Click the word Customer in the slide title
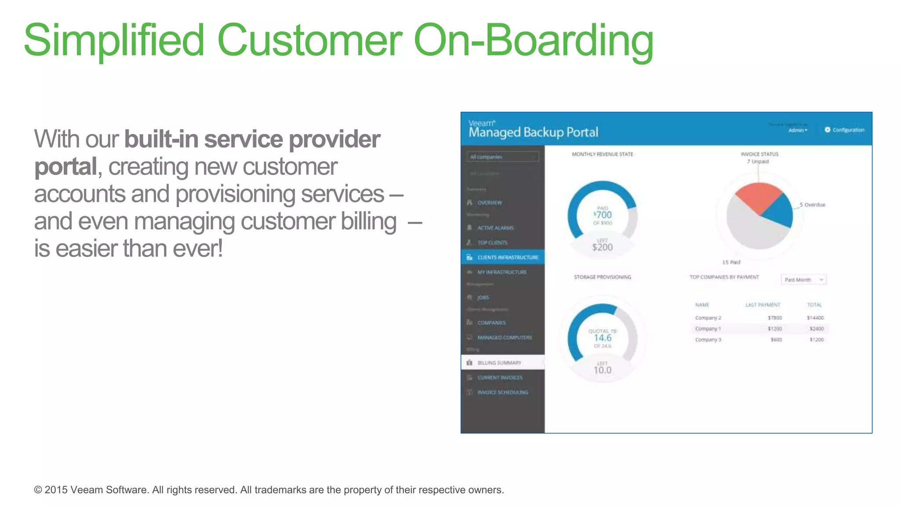coord(309,40)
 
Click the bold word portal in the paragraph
coord(65,167)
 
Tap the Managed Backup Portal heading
coord(533,132)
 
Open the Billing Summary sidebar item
coord(499,363)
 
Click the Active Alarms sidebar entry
coord(495,228)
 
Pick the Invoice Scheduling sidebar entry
coord(502,392)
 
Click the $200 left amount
coord(602,247)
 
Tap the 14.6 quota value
coord(602,338)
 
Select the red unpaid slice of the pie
coord(757,196)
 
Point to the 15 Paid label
coord(731,262)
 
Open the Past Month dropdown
coord(803,280)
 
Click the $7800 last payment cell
coord(774,318)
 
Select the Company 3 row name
coord(708,340)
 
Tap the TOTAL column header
coord(814,305)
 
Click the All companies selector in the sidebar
coord(502,157)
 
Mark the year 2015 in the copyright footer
coord(56,490)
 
